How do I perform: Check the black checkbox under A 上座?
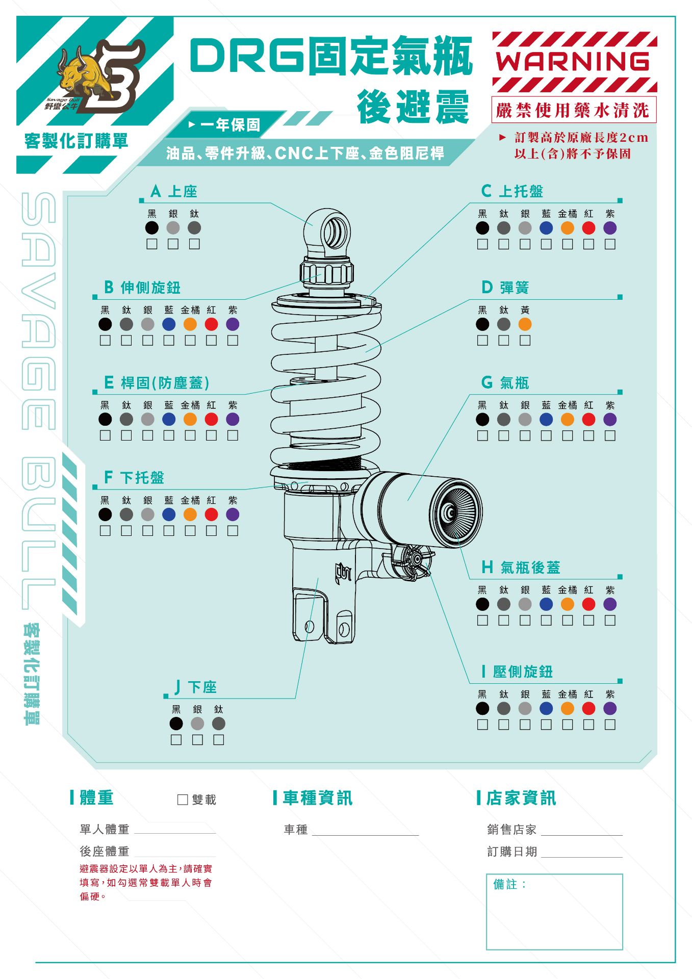[152, 244]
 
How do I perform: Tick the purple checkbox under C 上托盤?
[610, 244]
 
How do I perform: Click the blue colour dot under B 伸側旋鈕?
[169, 324]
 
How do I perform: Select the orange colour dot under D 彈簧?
[525, 324]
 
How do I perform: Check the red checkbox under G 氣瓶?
[588, 435]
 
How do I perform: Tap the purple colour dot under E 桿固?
[233, 419]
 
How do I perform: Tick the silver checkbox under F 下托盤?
[148, 530]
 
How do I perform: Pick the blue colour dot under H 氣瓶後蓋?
[546, 604]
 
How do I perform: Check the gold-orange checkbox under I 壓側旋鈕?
[568, 725]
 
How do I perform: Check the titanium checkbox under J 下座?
[219, 739]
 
